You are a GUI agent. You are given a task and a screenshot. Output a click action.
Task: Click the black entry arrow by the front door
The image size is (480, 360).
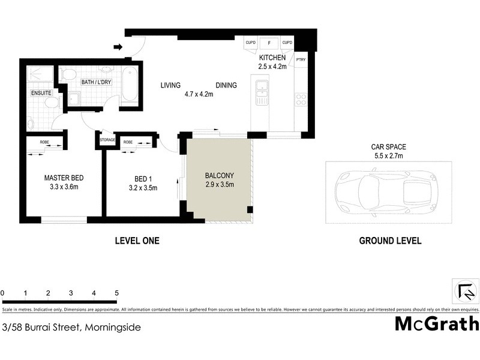pos(118,46)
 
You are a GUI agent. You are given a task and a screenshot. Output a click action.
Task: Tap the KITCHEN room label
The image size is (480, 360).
pos(272,58)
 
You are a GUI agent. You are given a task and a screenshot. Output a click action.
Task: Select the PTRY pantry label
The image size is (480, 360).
pos(300,60)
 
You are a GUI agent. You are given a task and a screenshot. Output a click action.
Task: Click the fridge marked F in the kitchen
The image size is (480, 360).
pos(269,43)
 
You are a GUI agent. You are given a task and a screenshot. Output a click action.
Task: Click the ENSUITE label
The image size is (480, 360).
pos(41,94)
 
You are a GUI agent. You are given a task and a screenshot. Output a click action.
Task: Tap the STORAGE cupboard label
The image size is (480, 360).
pos(107,140)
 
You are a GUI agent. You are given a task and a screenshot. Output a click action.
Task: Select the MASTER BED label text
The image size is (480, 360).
pos(64,178)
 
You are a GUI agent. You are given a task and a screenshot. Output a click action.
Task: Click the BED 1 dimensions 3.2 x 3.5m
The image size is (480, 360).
pos(142,188)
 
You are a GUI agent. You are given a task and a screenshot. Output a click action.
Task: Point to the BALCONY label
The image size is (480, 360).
pos(219,176)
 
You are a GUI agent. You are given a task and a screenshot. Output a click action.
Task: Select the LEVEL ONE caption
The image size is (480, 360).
pos(137,241)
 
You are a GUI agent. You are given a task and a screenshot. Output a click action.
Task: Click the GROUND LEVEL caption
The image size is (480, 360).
pos(390,241)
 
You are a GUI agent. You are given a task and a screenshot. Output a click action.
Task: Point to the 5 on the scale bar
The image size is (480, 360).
pos(116,293)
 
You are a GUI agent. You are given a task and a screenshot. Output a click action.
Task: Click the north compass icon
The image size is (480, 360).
pos(466,291)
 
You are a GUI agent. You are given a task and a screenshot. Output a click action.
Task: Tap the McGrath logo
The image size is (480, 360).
pos(437,324)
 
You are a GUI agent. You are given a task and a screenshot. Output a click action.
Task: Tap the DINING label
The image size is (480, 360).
pos(226,85)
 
